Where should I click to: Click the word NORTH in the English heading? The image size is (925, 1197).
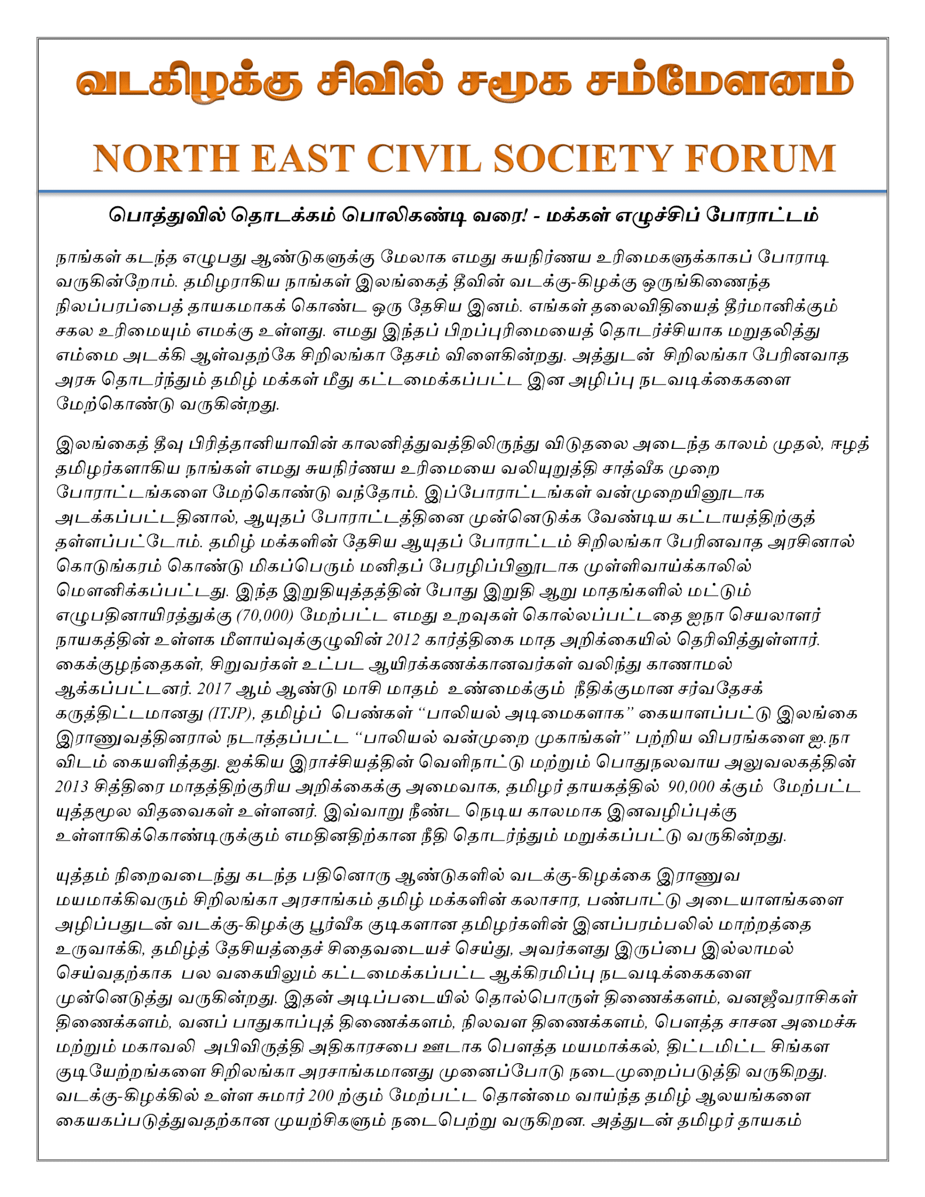(x=166, y=158)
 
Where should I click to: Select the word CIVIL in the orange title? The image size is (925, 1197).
(x=424, y=158)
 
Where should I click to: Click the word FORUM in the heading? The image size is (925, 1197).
(x=760, y=158)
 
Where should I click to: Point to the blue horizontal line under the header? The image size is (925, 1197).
(x=462, y=191)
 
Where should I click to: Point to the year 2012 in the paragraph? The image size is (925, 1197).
(x=403, y=640)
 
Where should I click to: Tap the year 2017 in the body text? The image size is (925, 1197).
(x=214, y=689)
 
